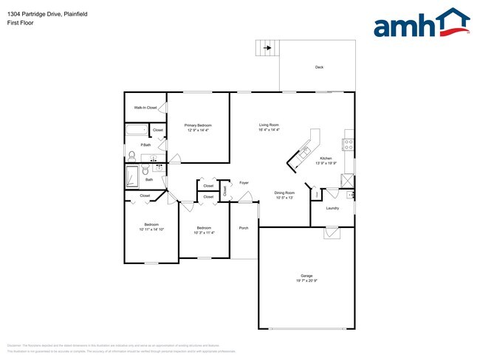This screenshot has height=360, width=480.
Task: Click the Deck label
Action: click(x=319, y=67)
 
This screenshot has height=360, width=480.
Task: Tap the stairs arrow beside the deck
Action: click(x=264, y=49)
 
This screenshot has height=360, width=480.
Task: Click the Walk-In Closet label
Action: click(x=145, y=108)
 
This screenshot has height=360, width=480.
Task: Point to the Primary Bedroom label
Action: click(x=198, y=125)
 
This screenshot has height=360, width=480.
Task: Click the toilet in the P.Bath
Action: click(x=132, y=155)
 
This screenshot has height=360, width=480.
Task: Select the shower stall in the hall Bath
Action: click(x=133, y=177)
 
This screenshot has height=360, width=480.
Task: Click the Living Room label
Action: click(x=268, y=125)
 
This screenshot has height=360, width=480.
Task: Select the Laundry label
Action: click(x=332, y=208)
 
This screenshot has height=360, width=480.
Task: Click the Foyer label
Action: click(x=244, y=182)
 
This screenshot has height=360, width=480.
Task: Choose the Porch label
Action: click(x=244, y=228)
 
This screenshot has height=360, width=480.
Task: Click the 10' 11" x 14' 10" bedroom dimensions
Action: click(x=151, y=229)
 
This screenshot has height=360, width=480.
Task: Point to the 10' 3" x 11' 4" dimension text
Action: click(x=204, y=232)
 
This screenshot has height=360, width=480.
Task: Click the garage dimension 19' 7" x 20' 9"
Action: click(x=306, y=280)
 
